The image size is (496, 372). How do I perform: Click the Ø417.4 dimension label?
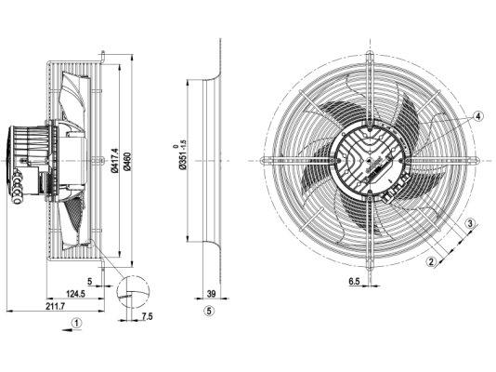[x=115, y=161]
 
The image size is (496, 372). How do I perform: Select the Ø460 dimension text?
[x=128, y=162]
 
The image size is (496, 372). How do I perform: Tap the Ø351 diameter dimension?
[x=183, y=154]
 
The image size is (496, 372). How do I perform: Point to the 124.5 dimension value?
[x=75, y=294]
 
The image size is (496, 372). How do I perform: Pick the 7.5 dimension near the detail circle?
[x=147, y=316]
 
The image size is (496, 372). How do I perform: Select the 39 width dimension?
[x=211, y=294]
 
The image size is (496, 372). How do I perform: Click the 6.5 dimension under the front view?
[x=354, y=281]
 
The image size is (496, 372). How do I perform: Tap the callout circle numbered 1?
[x=76, y=324]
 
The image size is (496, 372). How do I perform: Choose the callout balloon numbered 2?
[x=431, y=261]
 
